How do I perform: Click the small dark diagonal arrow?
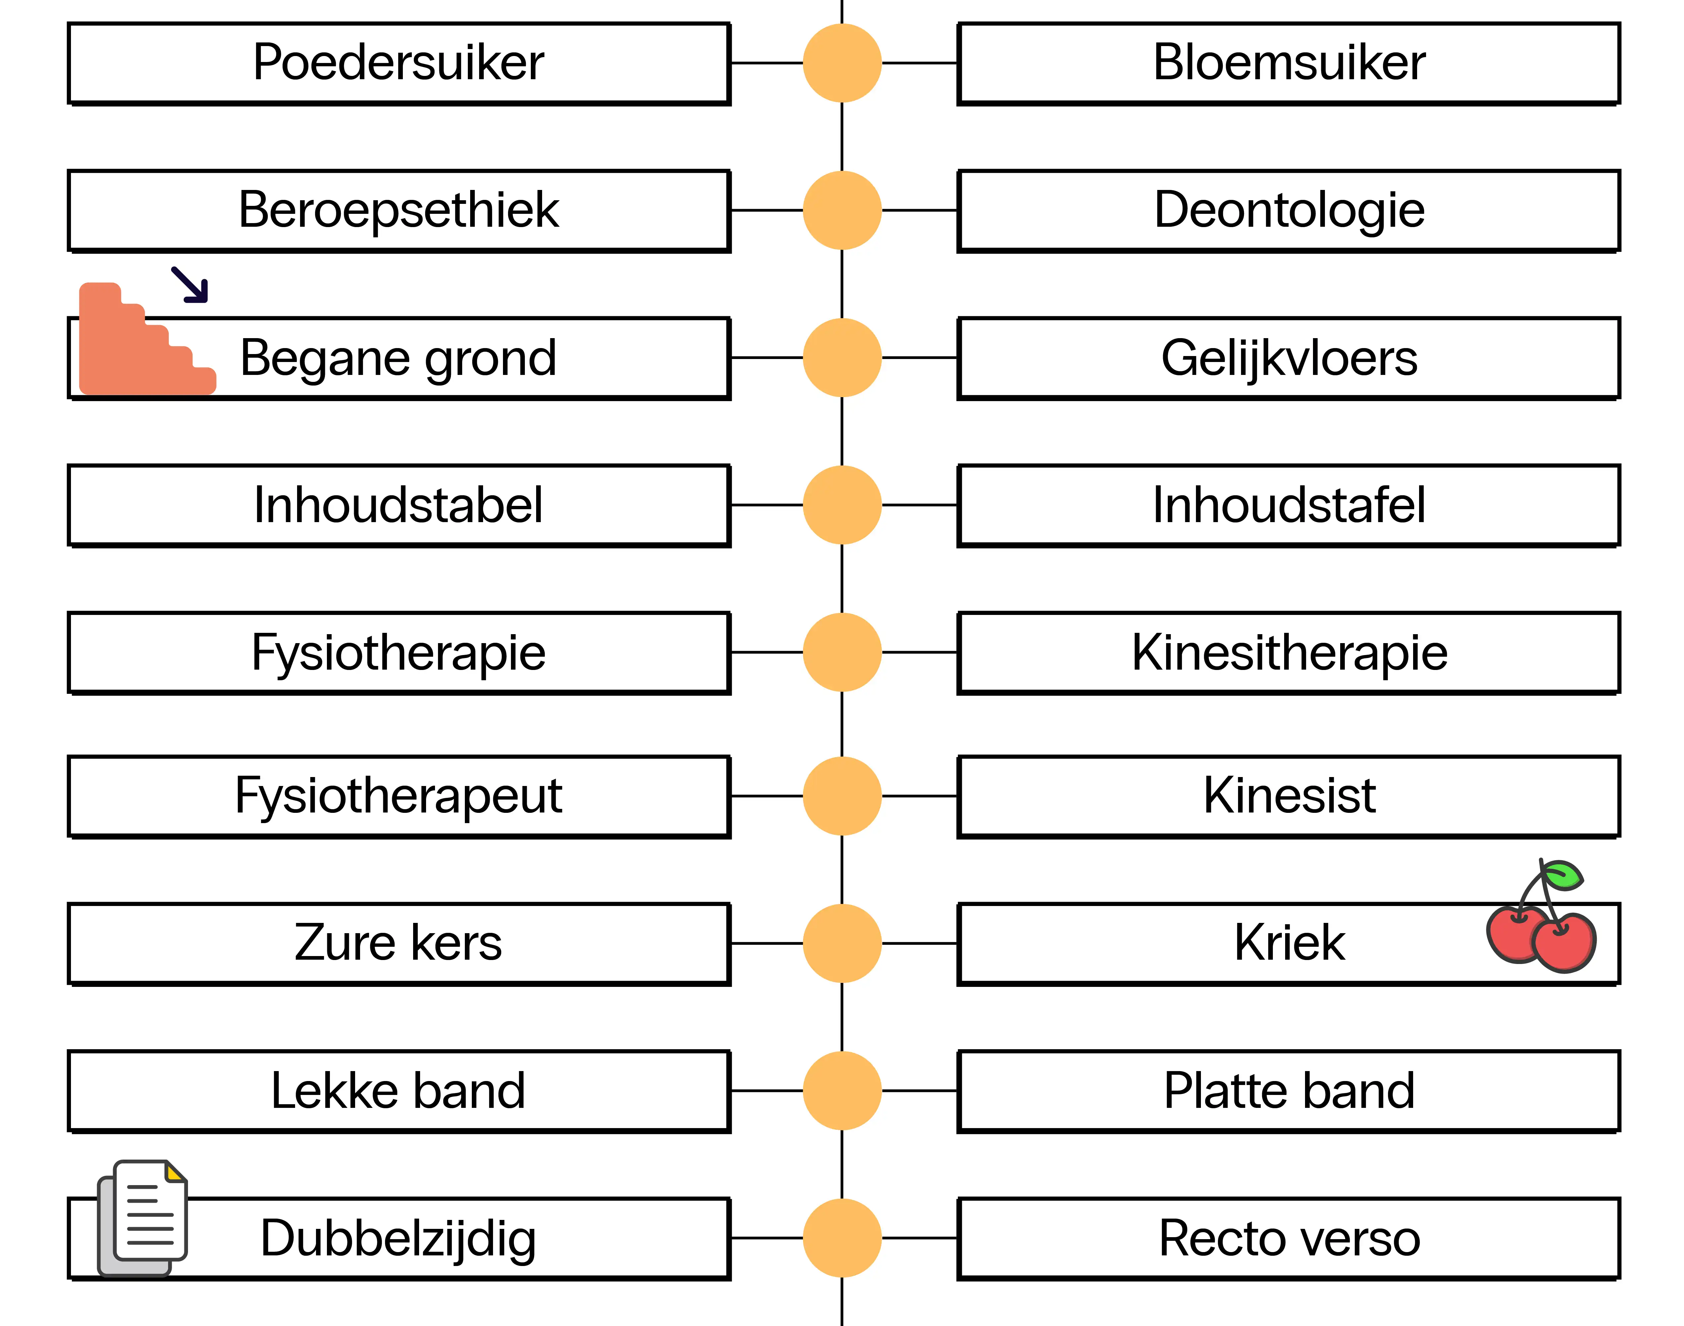click(190, 284)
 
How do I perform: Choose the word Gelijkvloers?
click(1289, 358)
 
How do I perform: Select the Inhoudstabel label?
click(398, 506)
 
